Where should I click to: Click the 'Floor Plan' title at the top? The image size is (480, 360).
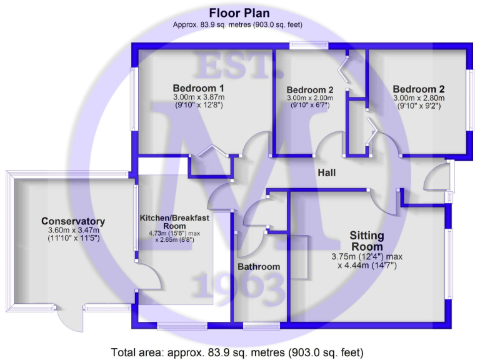(240, 13)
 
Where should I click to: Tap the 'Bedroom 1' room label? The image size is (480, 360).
(199, 87)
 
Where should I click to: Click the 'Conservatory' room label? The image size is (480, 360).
(72, 221)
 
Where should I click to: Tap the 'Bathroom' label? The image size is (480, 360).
(259, 267)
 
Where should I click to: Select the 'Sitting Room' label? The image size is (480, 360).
(367, 241)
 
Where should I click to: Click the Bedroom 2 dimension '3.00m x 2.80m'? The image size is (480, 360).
(418, 97)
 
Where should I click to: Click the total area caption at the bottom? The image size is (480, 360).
(237, 351)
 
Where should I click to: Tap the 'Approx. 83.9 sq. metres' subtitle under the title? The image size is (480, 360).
(240, 25)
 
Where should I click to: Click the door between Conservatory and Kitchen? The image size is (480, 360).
(142, 275)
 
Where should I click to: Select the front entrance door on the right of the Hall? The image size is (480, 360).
(437, 181)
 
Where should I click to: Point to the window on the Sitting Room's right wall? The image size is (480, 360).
(449, 262)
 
